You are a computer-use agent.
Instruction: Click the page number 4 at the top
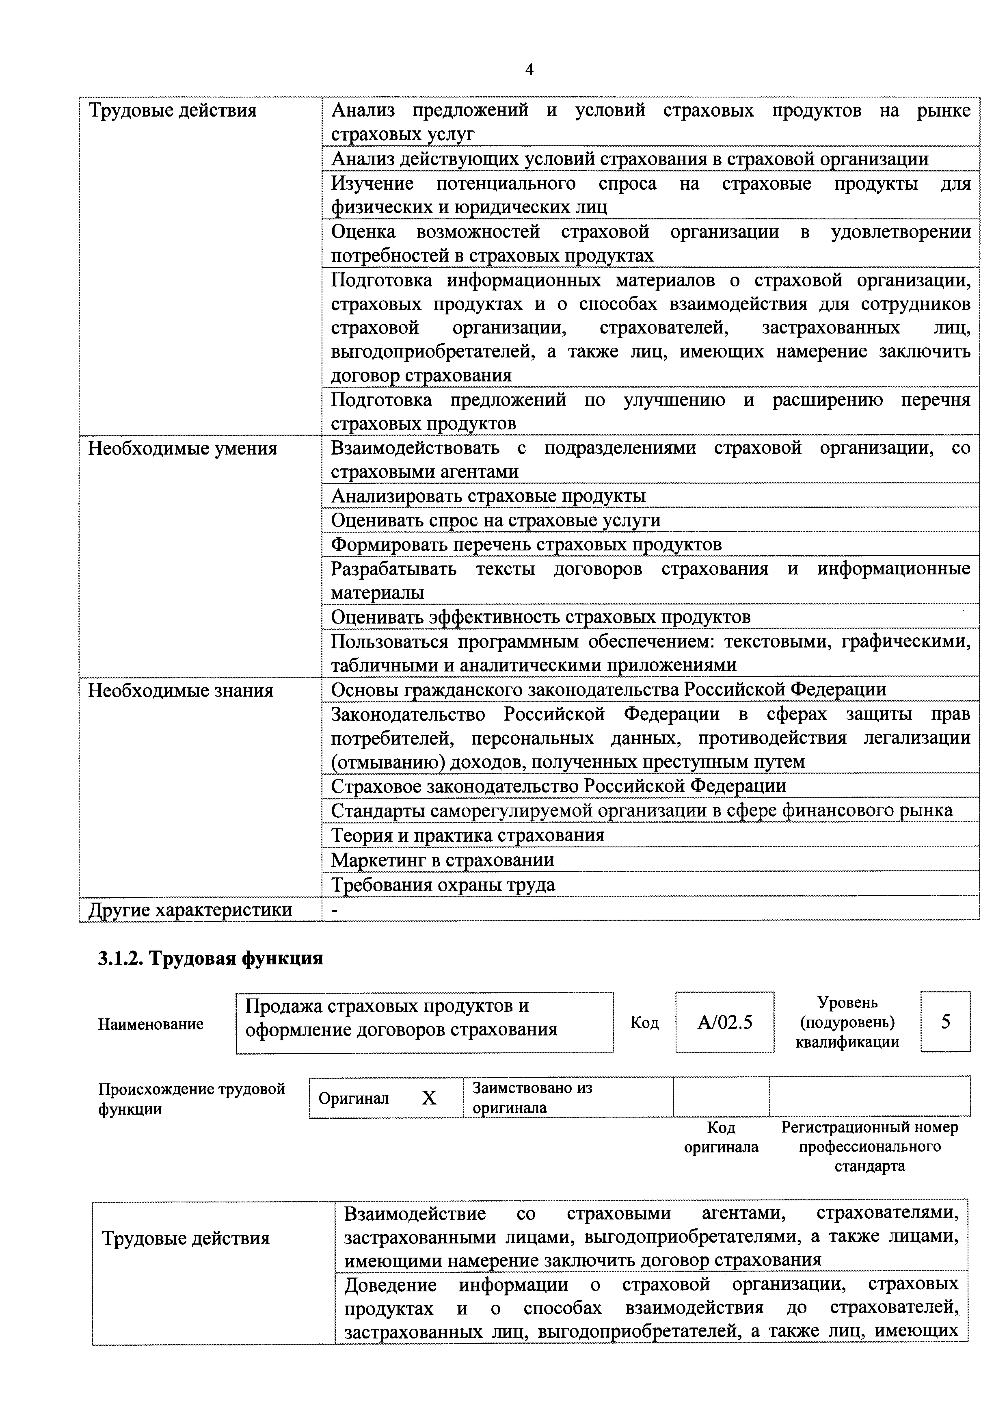[x=529, y=69]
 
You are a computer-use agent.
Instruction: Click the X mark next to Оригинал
[x=429, y=1098]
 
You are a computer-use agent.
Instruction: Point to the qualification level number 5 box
[x=945, y=1022]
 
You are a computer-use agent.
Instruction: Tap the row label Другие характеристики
[x=190, y=909]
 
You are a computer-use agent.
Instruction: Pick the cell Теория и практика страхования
[x=468, y=836]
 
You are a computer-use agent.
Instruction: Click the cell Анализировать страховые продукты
[x=488, y=496]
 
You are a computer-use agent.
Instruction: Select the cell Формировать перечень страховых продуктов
[x=526, y=544]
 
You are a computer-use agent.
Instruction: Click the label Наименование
[x=151, y=1024]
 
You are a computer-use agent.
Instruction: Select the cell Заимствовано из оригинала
[x=532, y=1098]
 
